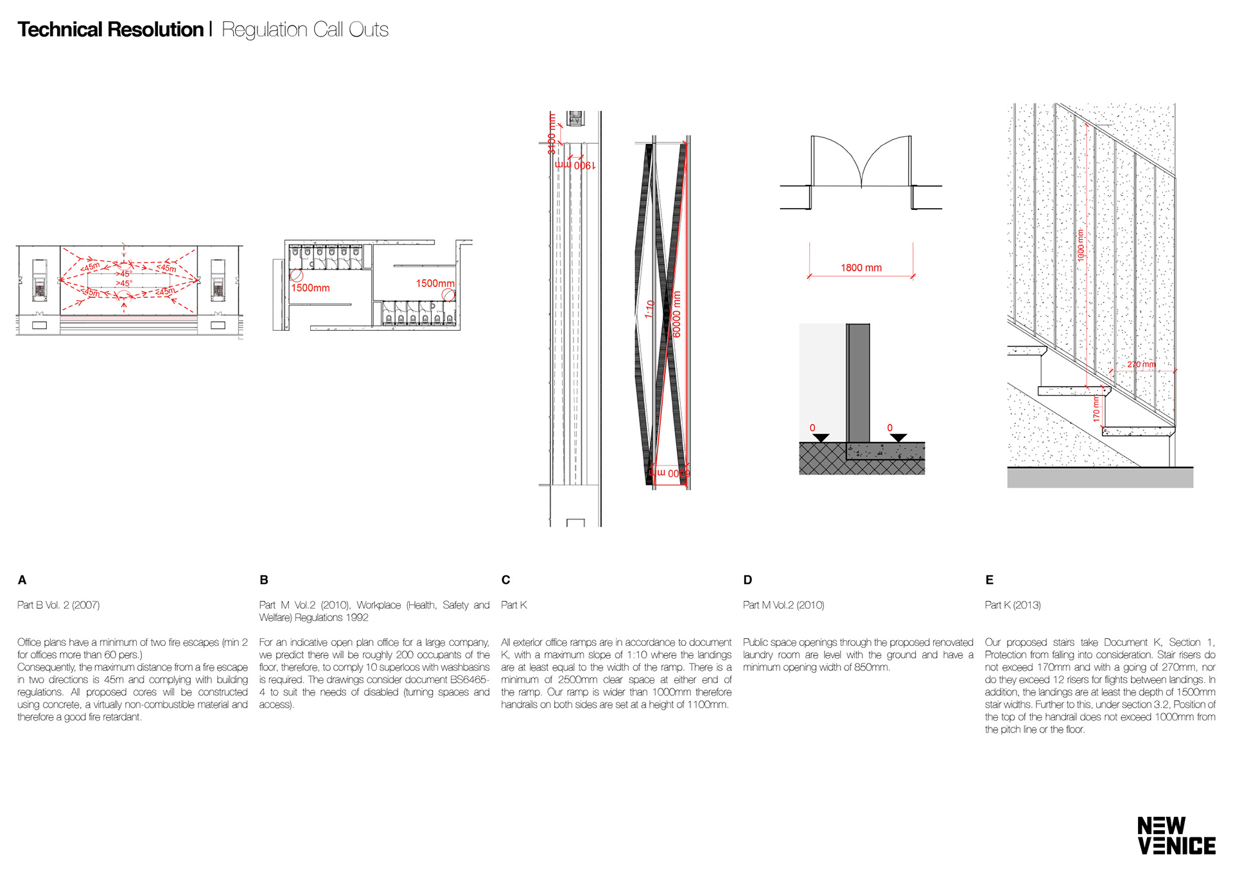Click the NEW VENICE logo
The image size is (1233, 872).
pos(1176,835)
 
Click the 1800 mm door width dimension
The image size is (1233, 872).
pos(861,268)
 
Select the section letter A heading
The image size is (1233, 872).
pos(22,580)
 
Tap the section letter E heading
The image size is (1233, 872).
pos(989,580)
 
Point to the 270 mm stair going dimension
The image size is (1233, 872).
pos(1141,365)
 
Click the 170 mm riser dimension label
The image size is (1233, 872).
pos(1096,408)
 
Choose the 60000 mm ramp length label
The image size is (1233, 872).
pos(676,315)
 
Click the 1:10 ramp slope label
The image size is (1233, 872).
pos(650,309)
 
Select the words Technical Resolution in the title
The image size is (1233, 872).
pos(110,30)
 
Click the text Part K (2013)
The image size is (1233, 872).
pos(1013,605)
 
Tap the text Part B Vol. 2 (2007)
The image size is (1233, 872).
pos(58,605)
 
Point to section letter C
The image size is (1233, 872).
pos(505,580)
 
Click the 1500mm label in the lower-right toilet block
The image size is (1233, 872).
pos(435,283)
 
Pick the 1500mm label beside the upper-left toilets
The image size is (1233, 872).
pos(311,288)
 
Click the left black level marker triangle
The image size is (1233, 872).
pos(821,438)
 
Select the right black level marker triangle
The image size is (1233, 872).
pos(898,438)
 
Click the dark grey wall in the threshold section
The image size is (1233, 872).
pos(858,382)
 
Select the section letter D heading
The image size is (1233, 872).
pos(748,580)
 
